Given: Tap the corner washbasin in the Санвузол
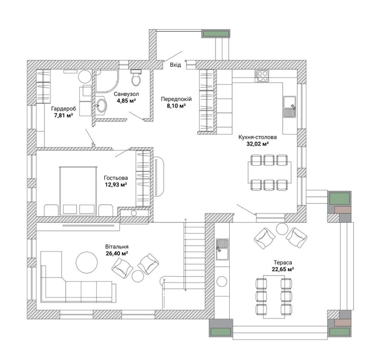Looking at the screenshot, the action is tap(101, 106).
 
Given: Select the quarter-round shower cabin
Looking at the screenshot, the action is tap(107, 81).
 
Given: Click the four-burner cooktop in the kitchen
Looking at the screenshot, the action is tap(262, 76).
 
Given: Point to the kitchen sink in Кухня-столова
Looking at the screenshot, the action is tap(290, 106).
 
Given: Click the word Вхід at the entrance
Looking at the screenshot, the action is tap(175, 65).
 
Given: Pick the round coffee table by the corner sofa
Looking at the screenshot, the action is tap(87, 263).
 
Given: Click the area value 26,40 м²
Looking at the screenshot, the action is tap(117, 253).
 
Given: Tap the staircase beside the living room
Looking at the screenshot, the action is tap(195, 256).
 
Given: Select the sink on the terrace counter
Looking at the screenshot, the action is tap(222, 249).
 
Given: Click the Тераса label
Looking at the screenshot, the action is tap(283, 263).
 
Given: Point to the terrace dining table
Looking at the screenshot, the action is tap(274, 297).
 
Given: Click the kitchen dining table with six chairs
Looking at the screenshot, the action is tap(270, 172).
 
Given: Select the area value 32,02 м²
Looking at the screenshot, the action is tap(258, 144).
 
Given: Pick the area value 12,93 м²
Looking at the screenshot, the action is tap(116, 185).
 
